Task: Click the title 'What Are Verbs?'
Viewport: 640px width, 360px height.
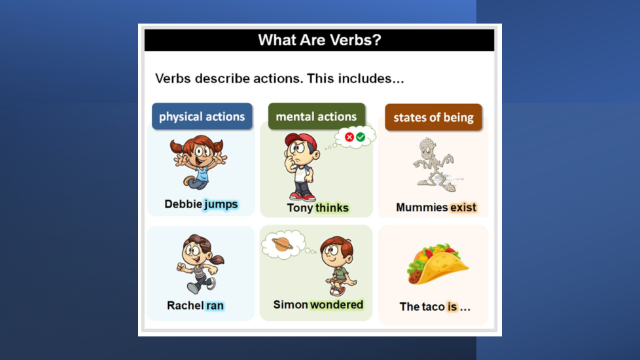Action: click(x=319, y=40)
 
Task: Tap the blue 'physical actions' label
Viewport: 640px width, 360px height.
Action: click(x=202, y=117)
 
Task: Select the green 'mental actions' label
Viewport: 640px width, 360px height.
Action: click(x=316, y=117)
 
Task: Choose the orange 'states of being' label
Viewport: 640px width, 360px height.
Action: click(x=433, y=118)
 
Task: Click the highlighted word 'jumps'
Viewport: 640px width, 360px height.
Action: click(x=221, y=204)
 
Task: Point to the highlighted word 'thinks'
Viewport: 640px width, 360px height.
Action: click(x=332, y=207)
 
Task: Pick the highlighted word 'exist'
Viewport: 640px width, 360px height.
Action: click(x=463, y=207)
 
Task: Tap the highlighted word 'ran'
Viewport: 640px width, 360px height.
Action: click(x=215, y=306)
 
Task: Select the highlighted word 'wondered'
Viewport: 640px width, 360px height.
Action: click(x=336, y=304)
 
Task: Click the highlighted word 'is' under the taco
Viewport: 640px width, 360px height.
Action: click(x=452, y=306)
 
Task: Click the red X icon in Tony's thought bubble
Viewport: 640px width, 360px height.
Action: click(x=349, y=137)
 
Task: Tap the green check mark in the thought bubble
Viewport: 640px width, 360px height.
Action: click(x=361, y=137)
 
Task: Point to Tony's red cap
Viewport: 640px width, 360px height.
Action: click(x=301, y=141)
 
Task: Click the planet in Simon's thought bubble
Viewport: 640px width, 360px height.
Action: click(x=283, y=244)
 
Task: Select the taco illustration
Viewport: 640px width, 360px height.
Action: click(x=438, y=264)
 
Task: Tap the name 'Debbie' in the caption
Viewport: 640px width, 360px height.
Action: click(x=183, y=204)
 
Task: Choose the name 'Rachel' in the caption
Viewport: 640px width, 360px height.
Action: click(x=185, y=306)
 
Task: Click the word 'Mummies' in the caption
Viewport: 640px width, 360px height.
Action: click(x=422, y=207)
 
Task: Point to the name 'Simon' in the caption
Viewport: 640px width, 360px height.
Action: click(x=291, y=304)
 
